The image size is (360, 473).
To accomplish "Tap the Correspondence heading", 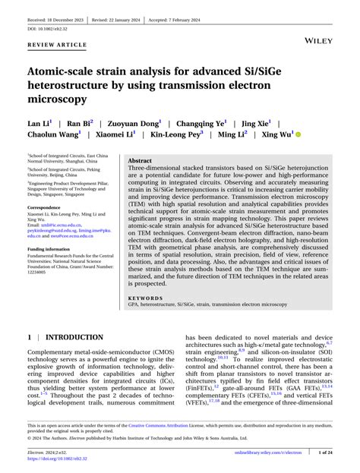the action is pyautogui.click(x=49, y=207).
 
